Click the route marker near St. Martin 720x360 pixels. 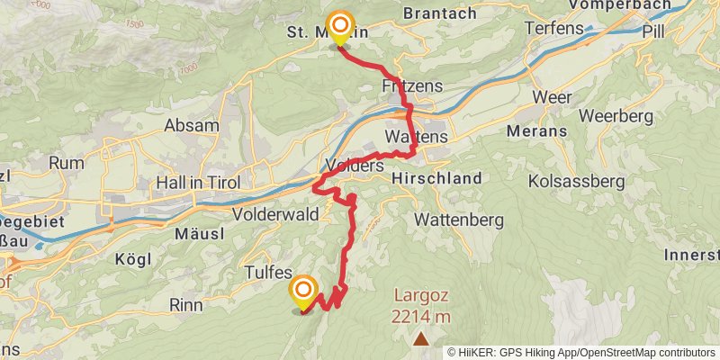tap(340, 27)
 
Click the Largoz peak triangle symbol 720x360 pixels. tap(421, 338)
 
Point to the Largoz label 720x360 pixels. tap(421, 295)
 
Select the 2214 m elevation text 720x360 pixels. tap(421, 316)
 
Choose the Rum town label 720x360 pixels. tap(67, 163)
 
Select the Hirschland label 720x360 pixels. tap(437, 179)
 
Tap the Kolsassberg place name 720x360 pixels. tap(577, 182)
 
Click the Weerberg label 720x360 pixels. tap(615, 115)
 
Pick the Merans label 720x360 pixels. tap(537, 131)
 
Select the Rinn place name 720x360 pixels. tap(186, 304)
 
